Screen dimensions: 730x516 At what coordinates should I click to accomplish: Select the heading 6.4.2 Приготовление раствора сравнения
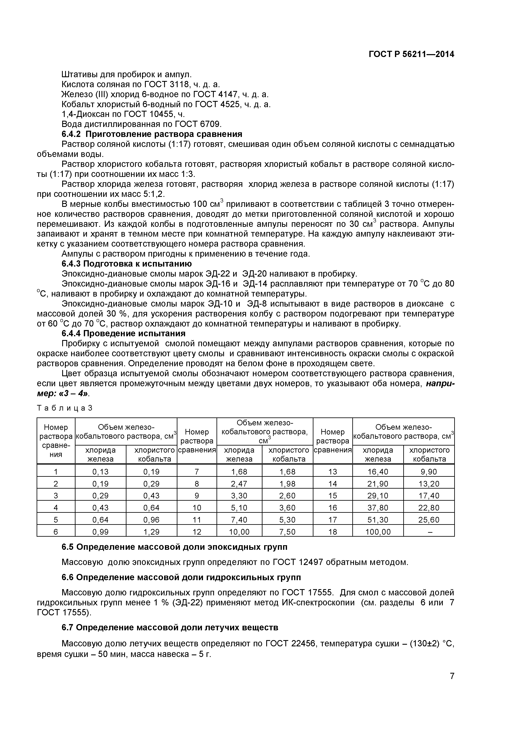pyautogui.click(x=152, y=134)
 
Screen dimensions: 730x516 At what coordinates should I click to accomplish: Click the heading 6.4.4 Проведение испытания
pyautogui.click(x=123, y=334)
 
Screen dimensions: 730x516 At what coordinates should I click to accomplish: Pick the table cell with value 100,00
pyautogui.click(x=378, y=532)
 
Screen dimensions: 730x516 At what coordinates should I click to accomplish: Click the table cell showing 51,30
pyautogui.click(x=378, y=520)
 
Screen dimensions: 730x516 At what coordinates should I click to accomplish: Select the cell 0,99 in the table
pyautogui.click(x=100, y=532)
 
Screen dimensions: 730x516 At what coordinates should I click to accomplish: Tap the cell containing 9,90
pyautogui.click(x=429, y=472)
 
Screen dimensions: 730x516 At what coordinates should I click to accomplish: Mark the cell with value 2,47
pyautogui.click(x=239, y=484)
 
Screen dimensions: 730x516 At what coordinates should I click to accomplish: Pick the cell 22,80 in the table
pyautogui.click(x=429, y=508)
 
